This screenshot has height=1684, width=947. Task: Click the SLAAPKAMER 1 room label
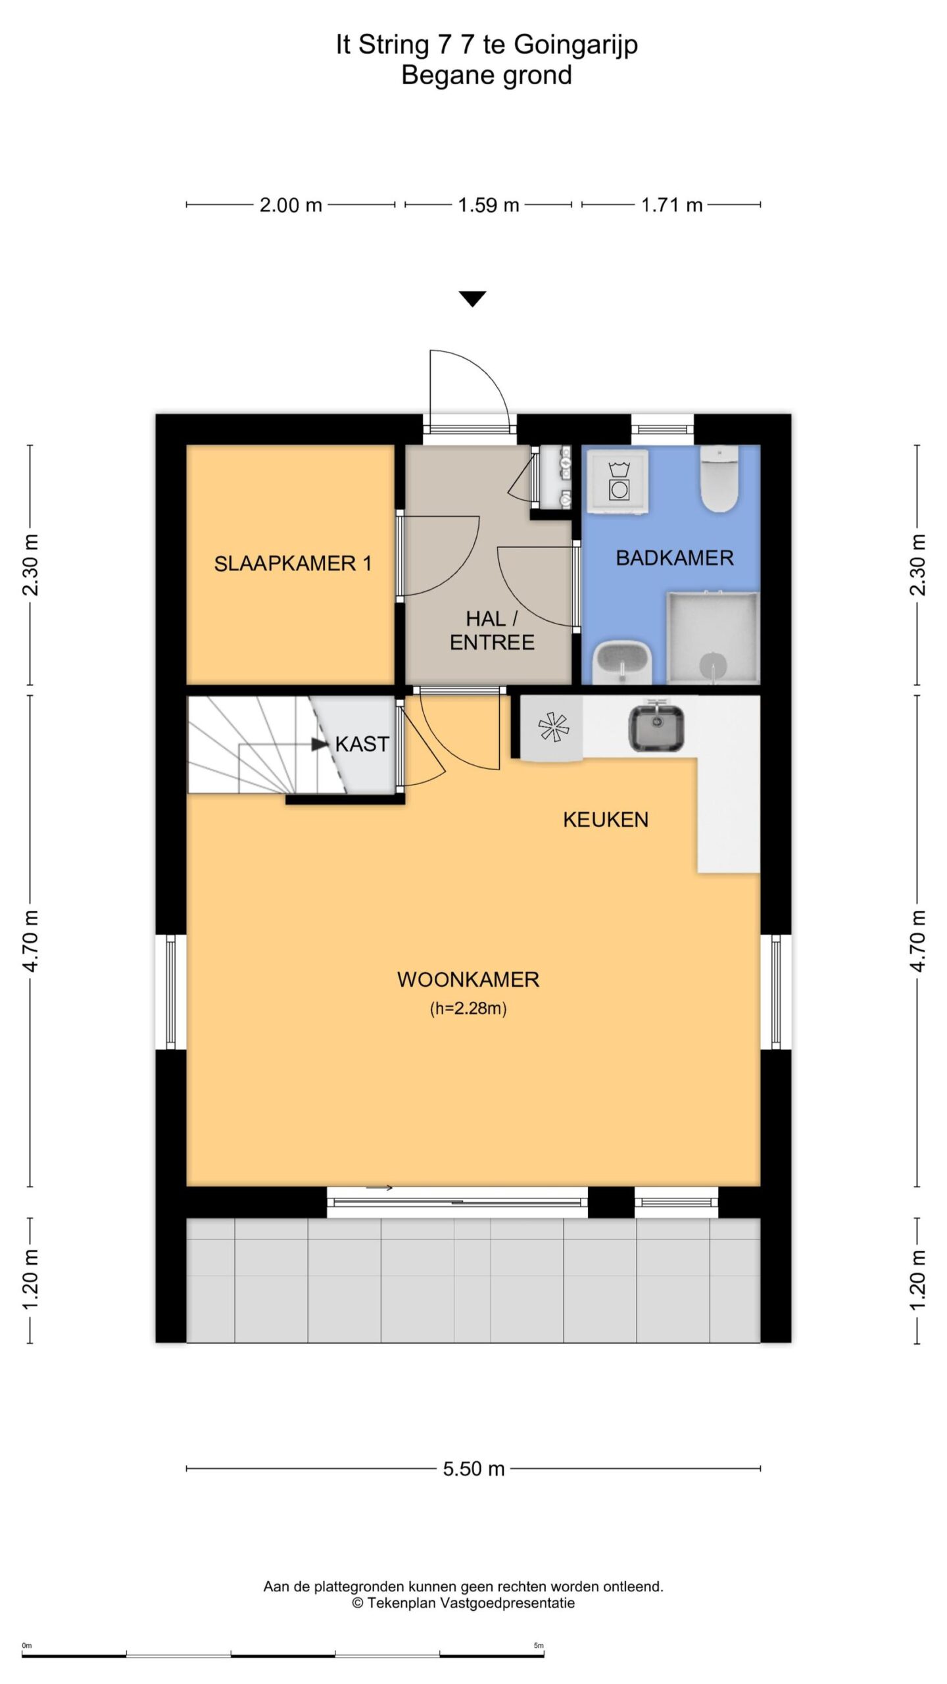293,564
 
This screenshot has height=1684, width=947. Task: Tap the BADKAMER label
674,558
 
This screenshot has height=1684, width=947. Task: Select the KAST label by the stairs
362,744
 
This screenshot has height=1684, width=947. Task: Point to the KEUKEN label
606,820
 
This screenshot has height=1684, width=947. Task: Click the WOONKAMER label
468,979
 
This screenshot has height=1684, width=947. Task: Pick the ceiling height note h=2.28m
468,1008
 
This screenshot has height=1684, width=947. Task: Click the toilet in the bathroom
720,479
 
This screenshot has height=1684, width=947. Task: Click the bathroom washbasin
623,662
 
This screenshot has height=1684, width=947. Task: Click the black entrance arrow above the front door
473,299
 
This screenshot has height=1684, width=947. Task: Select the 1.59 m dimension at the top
489,205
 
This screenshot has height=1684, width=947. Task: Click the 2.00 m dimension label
291,205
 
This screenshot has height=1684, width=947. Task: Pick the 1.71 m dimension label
672,205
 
